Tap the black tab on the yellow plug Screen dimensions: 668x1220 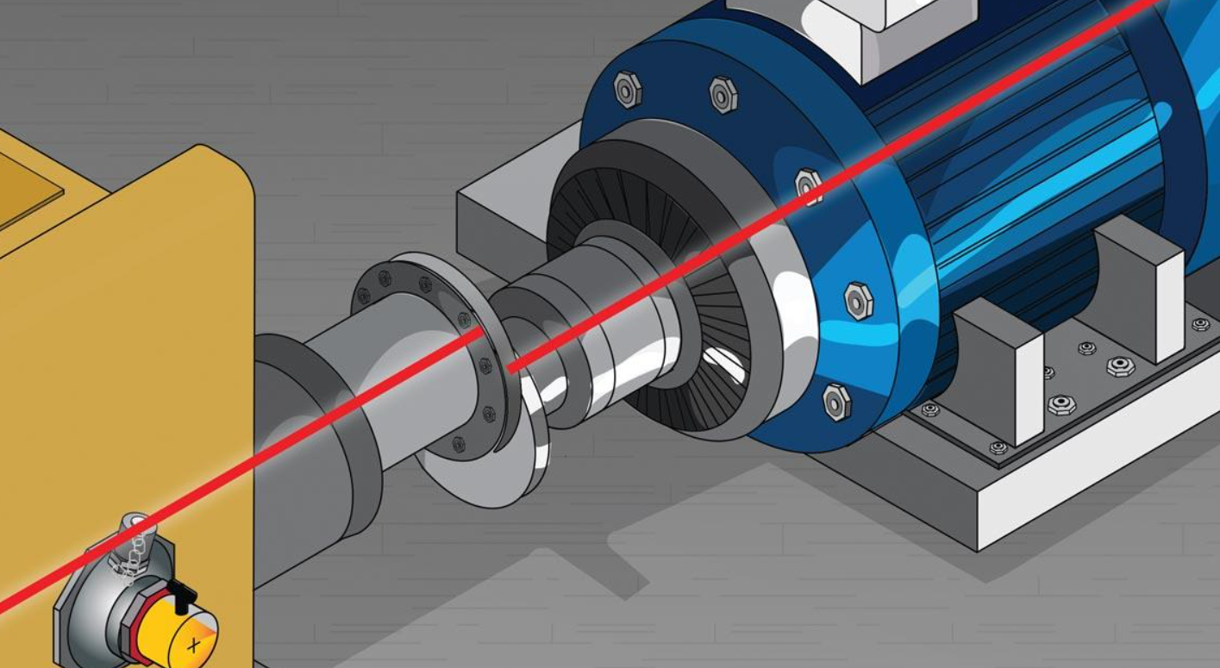[181, 594]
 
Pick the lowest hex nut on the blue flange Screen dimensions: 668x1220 [835, 401]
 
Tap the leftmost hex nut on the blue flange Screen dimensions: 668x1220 [628, 89]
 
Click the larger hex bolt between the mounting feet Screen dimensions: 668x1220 [1120, 365]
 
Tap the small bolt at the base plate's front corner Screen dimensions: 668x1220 [998, 447]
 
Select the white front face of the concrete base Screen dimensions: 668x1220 [1095, 483]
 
